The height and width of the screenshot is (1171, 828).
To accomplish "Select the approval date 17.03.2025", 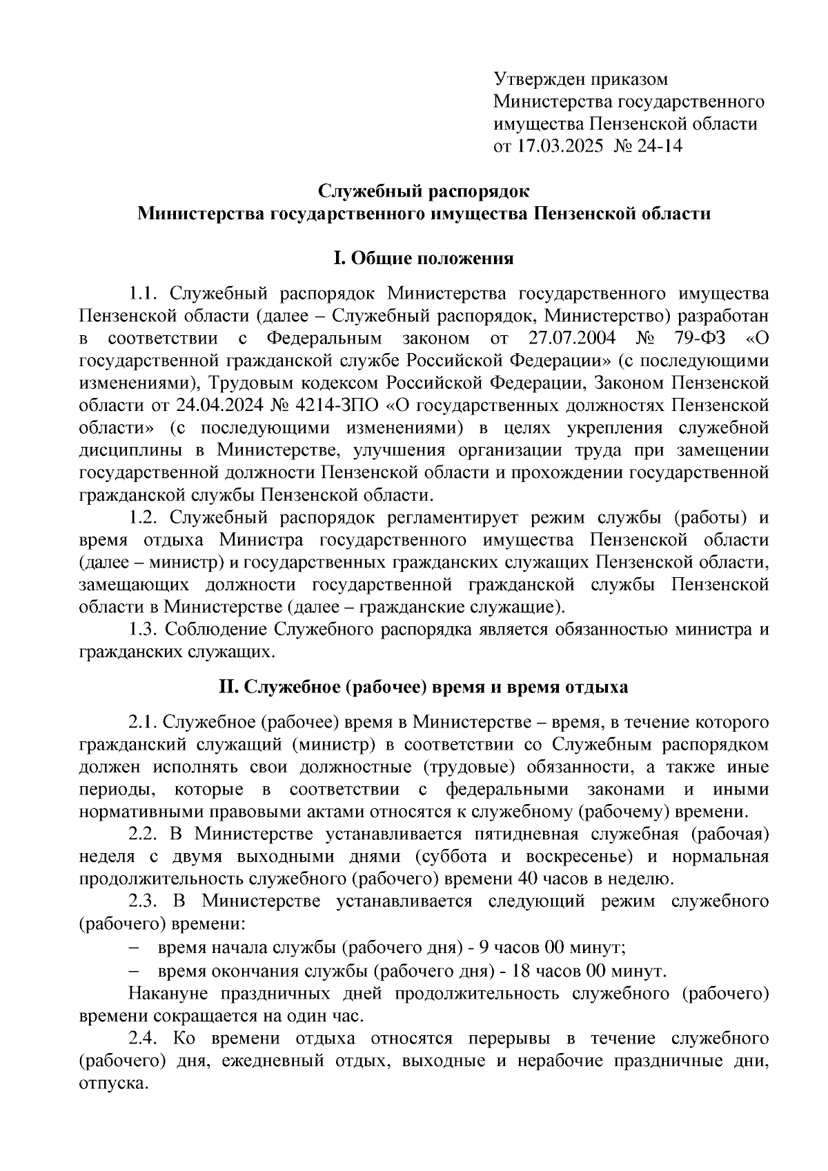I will click(x=558, y=146).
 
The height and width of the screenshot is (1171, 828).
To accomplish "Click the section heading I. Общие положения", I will click(x=424, y=259).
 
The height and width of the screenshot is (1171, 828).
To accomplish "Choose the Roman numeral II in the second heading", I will click(x=228, y=688).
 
